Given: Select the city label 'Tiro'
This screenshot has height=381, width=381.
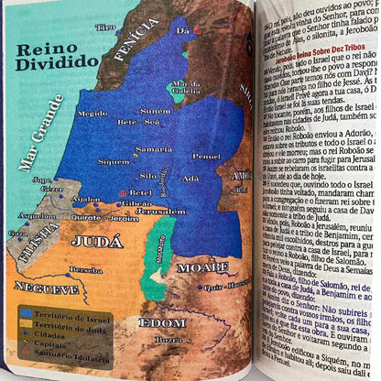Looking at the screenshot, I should tap(105, 27).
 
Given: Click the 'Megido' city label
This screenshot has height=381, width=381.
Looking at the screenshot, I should tap(93, 114).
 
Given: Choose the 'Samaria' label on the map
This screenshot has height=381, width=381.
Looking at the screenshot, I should tap(154, 148).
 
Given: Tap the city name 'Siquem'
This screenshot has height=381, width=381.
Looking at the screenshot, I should tap(114, 161).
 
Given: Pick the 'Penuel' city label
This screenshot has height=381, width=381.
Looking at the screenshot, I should tap(206, 156).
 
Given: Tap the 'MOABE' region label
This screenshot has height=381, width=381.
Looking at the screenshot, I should tap(201, 267).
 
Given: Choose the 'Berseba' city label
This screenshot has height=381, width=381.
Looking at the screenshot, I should tap(87, 270).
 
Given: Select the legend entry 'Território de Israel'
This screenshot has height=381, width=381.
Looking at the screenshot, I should tap(68, 315).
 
